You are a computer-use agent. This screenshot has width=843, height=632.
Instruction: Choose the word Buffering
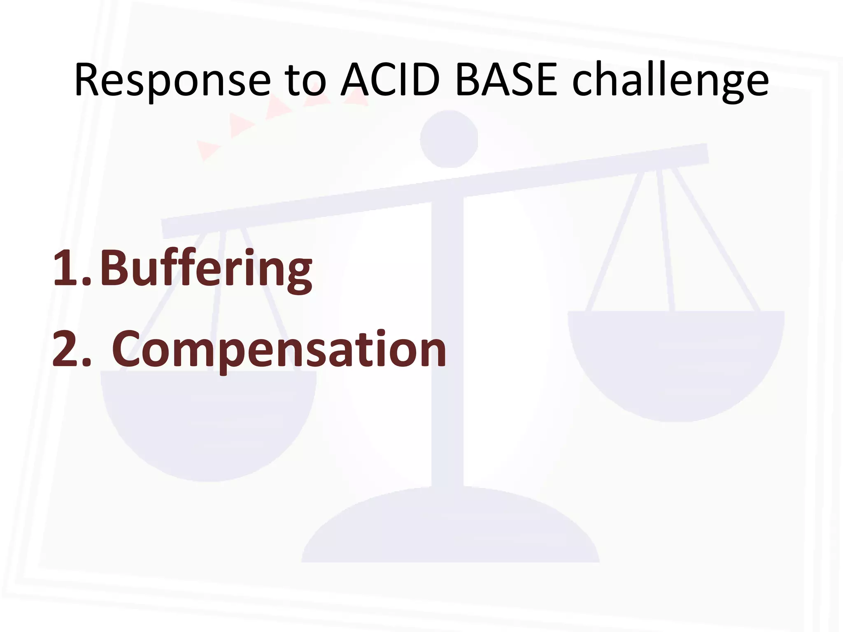click(x=206, y=270)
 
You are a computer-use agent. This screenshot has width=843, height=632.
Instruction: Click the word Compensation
click(x=279, y=350)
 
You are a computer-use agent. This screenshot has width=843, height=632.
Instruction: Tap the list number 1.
click(x=66, y=269)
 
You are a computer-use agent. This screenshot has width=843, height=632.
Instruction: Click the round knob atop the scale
click(x=449, y=139)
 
